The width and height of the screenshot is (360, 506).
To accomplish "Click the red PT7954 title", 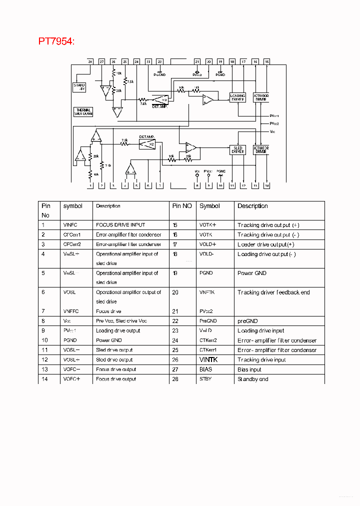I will (56, 41).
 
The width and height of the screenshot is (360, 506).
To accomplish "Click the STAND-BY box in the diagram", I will (79, 87).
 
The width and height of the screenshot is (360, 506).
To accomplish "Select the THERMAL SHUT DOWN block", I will (83, 111).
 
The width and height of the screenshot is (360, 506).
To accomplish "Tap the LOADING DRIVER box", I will (237, 97).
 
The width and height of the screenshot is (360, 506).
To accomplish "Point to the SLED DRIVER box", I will (237, 149).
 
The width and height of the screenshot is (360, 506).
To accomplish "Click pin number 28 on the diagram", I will (90, 61).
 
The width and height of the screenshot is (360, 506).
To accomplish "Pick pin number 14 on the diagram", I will (267, 186).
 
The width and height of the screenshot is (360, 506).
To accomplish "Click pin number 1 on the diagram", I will (90, 186).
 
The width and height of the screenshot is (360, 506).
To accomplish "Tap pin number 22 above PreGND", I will (159, 61).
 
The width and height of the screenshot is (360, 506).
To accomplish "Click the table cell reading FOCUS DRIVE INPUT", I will (120, 225).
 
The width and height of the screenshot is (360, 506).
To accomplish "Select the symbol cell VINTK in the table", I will (208, 359).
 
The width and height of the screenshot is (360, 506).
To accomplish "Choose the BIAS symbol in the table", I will (205, 369).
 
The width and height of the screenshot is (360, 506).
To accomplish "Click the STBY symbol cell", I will (205, 379).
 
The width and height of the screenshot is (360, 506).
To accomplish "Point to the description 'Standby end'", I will (253, 379).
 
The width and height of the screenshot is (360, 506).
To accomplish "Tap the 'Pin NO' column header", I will (182, 206).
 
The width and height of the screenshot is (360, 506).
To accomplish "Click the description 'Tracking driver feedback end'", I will (273, 292).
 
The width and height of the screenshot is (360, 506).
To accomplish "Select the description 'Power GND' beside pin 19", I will (252, 273).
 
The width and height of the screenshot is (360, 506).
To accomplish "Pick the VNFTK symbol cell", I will (207, 292).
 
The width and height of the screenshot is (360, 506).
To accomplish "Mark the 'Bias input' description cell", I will (249, 369).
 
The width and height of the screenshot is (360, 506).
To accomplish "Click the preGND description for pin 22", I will (247, 321).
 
